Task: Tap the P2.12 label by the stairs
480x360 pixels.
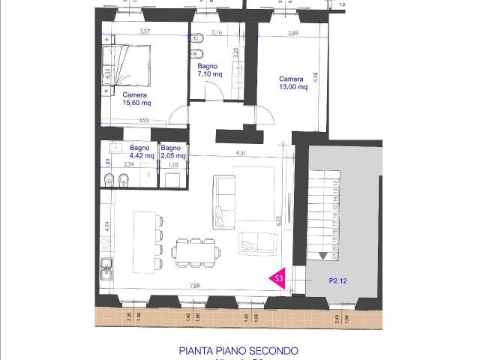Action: coord(337,280)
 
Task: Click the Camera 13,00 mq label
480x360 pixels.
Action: coord(292,82)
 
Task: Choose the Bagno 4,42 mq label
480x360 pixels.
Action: coord(141,151)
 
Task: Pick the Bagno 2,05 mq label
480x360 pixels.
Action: coord(171,151)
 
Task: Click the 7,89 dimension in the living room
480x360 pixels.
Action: coord(193,285)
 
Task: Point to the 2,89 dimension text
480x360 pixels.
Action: coord(294,34)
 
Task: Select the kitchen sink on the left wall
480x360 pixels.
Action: coord(107,265)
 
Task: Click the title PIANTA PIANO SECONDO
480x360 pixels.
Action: coord(238,350)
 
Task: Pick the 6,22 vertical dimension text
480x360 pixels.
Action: coord(277,219)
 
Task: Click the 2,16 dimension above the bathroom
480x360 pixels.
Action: coord(217,33)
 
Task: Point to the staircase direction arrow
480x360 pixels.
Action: coord(322,256)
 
